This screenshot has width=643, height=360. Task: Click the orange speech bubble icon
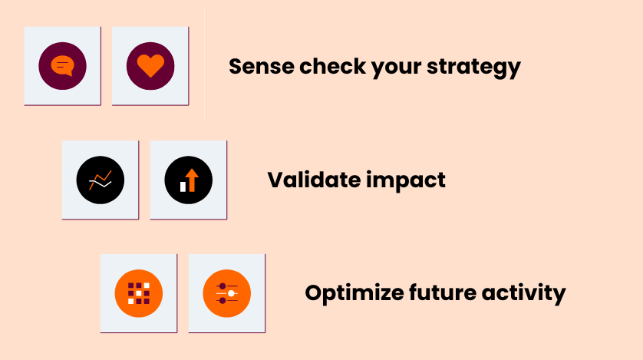62,65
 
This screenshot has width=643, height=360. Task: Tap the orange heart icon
150,65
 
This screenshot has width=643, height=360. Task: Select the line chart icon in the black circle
101,180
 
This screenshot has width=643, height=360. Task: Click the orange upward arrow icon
192,180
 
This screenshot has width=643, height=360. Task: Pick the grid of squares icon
139,293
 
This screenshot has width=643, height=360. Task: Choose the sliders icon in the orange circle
227,293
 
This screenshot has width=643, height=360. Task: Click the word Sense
261,67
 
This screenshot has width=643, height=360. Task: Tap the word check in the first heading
332,67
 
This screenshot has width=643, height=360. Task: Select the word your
396,68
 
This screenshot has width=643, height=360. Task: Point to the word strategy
473,68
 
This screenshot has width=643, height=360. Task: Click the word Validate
314,180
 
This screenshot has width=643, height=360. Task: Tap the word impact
406,180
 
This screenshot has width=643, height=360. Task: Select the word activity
523,293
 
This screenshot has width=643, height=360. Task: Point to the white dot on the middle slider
231,293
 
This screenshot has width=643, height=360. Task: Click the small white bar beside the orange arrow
183,187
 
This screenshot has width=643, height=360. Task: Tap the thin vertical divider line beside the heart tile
204,64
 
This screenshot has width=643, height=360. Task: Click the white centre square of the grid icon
139,293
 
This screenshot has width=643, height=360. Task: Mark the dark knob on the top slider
223,286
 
